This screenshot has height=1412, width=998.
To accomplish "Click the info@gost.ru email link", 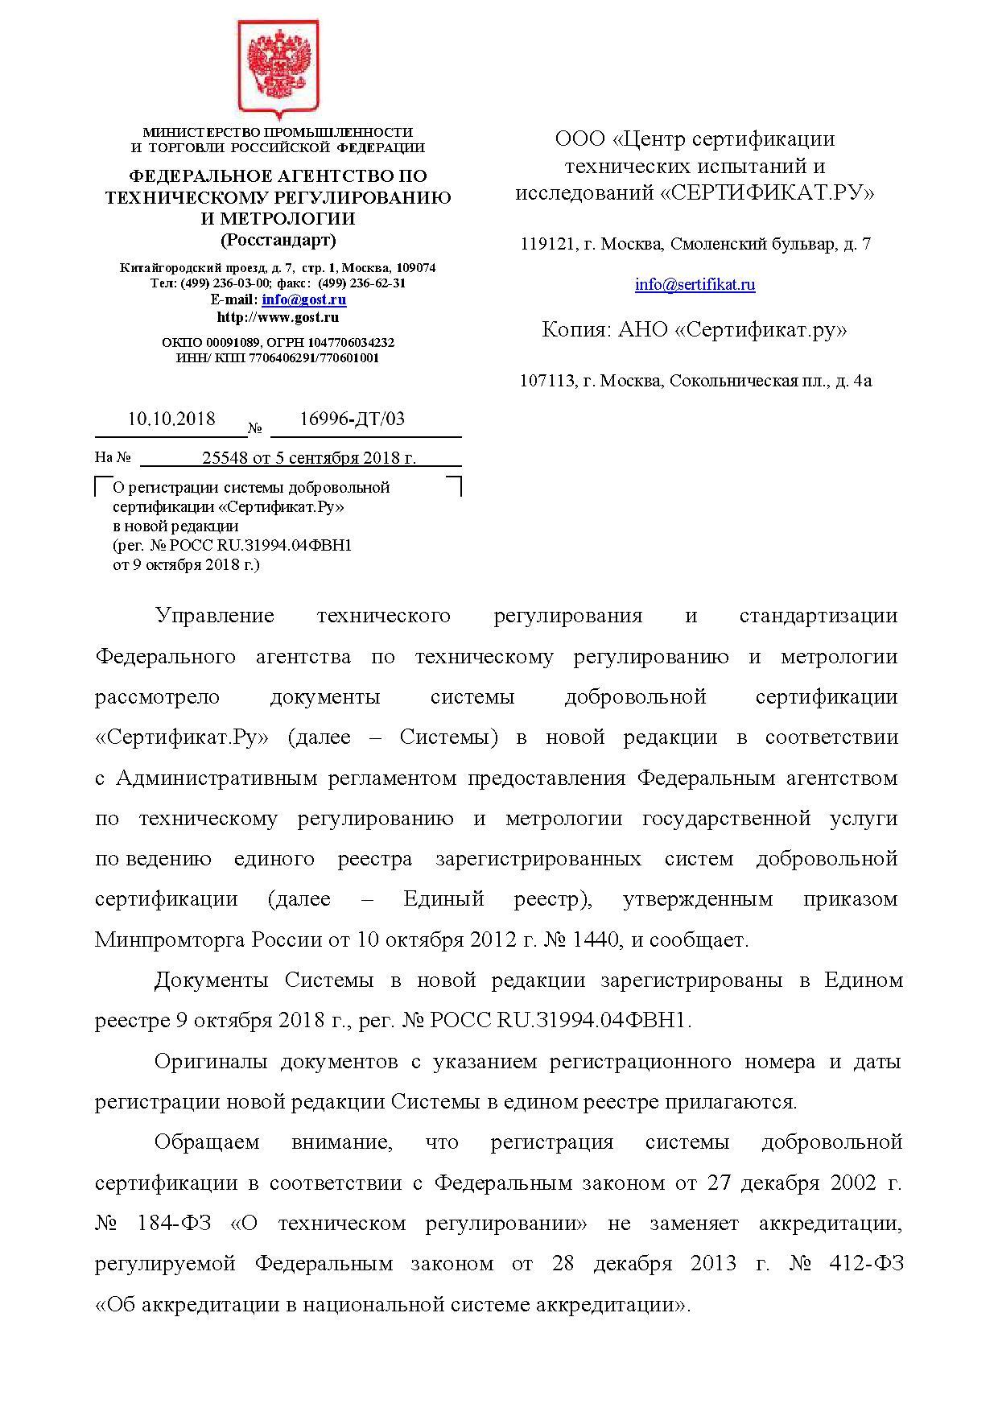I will coord(303,299).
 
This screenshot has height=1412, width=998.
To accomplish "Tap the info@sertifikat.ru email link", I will coord(695,284).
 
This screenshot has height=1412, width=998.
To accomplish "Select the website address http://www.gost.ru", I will coord(278,317).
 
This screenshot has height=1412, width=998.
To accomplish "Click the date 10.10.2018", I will coord(171,419).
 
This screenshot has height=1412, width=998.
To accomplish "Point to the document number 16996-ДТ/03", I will coord(352,419).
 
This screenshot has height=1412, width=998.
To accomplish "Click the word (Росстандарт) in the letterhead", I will coord(278,240).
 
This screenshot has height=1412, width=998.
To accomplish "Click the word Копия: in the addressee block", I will coord(575,330).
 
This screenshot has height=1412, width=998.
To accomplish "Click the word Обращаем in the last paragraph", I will coord(207,1142).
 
